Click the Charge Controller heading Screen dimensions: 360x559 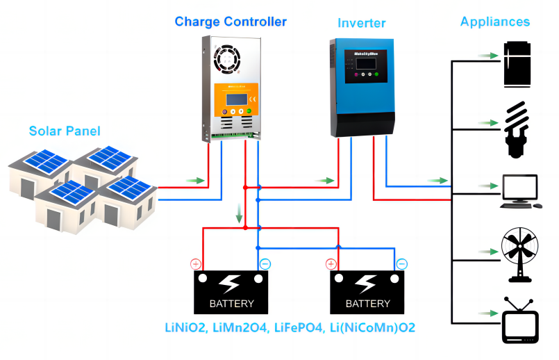(231, 22)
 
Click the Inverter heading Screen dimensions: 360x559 (361, 23)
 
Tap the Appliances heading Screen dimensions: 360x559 (494, 22)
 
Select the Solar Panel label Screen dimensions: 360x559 (65, 131)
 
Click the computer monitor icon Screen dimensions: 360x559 (519, 190)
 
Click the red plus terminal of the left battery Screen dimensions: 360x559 (196, 264)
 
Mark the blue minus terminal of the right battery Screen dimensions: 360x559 (402, 264)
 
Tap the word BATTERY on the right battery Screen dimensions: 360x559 (368, 304)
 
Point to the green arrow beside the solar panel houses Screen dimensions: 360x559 (197, 181)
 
